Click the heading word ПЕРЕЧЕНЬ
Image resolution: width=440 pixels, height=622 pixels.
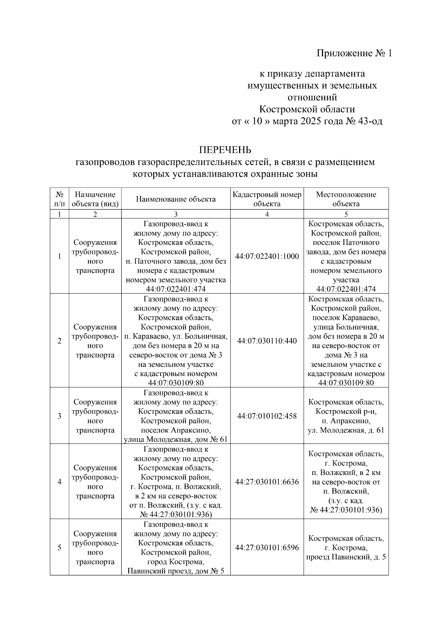coord(225,150)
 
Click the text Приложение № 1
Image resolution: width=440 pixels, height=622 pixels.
coord(354,54)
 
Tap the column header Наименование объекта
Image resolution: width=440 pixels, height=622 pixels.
coord(176,199)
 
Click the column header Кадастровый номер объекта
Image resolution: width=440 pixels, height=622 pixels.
coord(267,199)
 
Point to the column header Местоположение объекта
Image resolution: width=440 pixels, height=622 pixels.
coord(346,199)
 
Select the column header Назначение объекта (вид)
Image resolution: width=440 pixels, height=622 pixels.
coord(95,199)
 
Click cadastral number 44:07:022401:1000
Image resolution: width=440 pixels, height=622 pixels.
coord(267,257)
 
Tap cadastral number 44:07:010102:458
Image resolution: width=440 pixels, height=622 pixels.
coord(267,416)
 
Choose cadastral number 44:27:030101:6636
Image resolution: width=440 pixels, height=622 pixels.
coord(267,482)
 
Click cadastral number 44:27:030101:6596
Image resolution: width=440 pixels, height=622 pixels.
coord(267,548)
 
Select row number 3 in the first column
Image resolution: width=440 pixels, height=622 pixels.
coord(59,416)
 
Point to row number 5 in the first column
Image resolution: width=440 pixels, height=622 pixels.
coord(59,548)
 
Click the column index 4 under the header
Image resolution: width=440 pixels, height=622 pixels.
coord(267,214)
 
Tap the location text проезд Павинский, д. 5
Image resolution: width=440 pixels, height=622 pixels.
coord(346,557)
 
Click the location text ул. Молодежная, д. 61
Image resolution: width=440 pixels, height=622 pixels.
coord(346,430)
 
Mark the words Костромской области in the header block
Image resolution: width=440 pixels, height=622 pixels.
coord(307,110)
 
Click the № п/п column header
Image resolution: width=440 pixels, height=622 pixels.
coord(59,199)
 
